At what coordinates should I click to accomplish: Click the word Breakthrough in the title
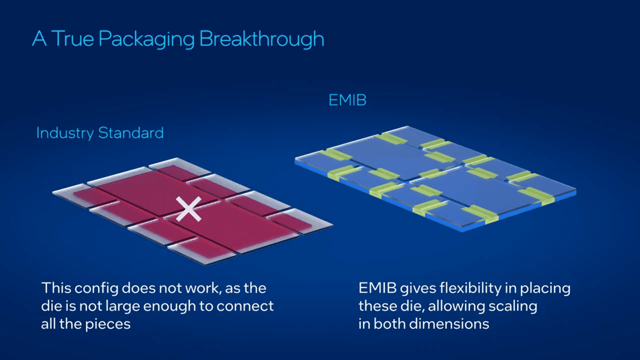(261, 39)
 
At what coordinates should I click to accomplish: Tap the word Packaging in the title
(147, 39)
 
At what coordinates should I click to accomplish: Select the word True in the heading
(73, 38)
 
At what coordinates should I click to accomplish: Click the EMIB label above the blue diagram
(347, 100)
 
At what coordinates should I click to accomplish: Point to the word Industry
(65, 133)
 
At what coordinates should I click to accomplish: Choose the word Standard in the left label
(131, 133)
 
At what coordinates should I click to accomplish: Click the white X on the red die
(189, 209)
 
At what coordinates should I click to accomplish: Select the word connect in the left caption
(245, 306)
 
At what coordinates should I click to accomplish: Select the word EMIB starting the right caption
(378, 288)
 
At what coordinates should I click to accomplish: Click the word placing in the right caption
(545, 289)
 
